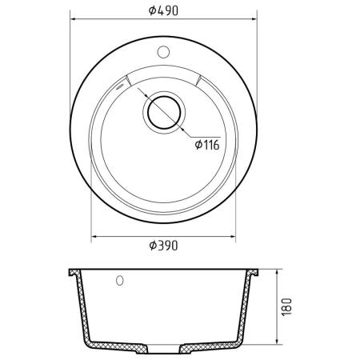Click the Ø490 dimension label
coord(163,10)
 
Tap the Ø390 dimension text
coord(163,246)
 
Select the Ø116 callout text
coord(207,145)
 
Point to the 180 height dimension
coord(287,307)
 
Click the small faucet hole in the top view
coord(163,52)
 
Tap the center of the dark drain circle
coord(164,112)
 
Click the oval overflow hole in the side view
coord(120,281)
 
